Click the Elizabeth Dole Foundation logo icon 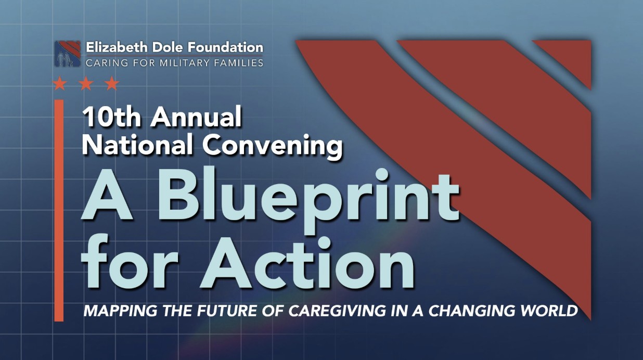68,54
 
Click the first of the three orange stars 60,83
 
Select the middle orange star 86,83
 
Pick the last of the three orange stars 112,83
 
